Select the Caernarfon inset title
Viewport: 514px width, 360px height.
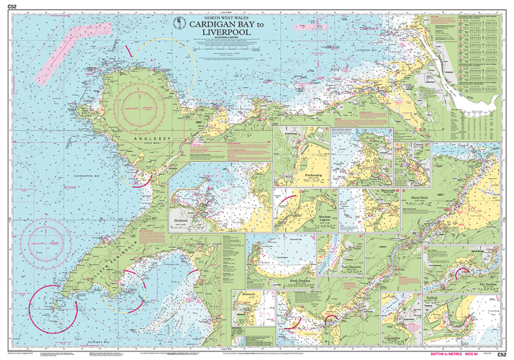(x=398, y=336)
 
